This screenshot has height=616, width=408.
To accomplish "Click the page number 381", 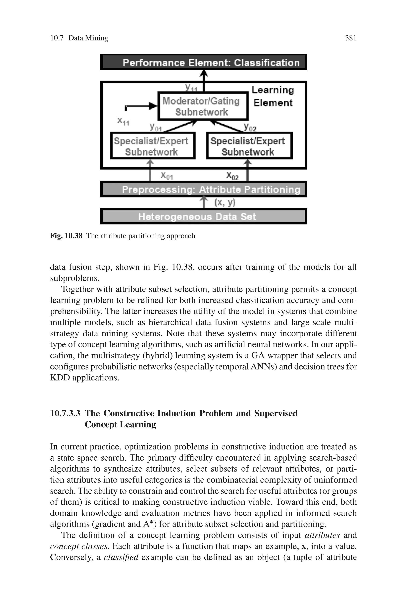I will click(350, 38).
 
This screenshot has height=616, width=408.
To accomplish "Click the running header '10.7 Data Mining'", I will click(79, 38).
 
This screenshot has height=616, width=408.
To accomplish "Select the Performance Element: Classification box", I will click(203, 62).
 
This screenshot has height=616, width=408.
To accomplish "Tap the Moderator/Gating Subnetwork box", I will click(203, 106).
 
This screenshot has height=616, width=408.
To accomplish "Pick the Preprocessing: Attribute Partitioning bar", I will click(203, 189).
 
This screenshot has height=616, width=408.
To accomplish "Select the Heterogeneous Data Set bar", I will click(203, 216).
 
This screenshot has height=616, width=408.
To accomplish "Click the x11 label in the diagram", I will click(123, 121).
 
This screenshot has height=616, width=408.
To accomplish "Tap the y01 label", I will click(156, 127).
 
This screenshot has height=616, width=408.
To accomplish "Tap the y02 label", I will click(250, 127).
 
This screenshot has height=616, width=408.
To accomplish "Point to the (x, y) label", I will click(225, 202).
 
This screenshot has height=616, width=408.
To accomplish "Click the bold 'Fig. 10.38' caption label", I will click(66, 236).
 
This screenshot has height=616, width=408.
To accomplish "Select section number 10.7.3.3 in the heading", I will click(65, 413).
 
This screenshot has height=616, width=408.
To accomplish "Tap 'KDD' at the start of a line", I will click(60, 378).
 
